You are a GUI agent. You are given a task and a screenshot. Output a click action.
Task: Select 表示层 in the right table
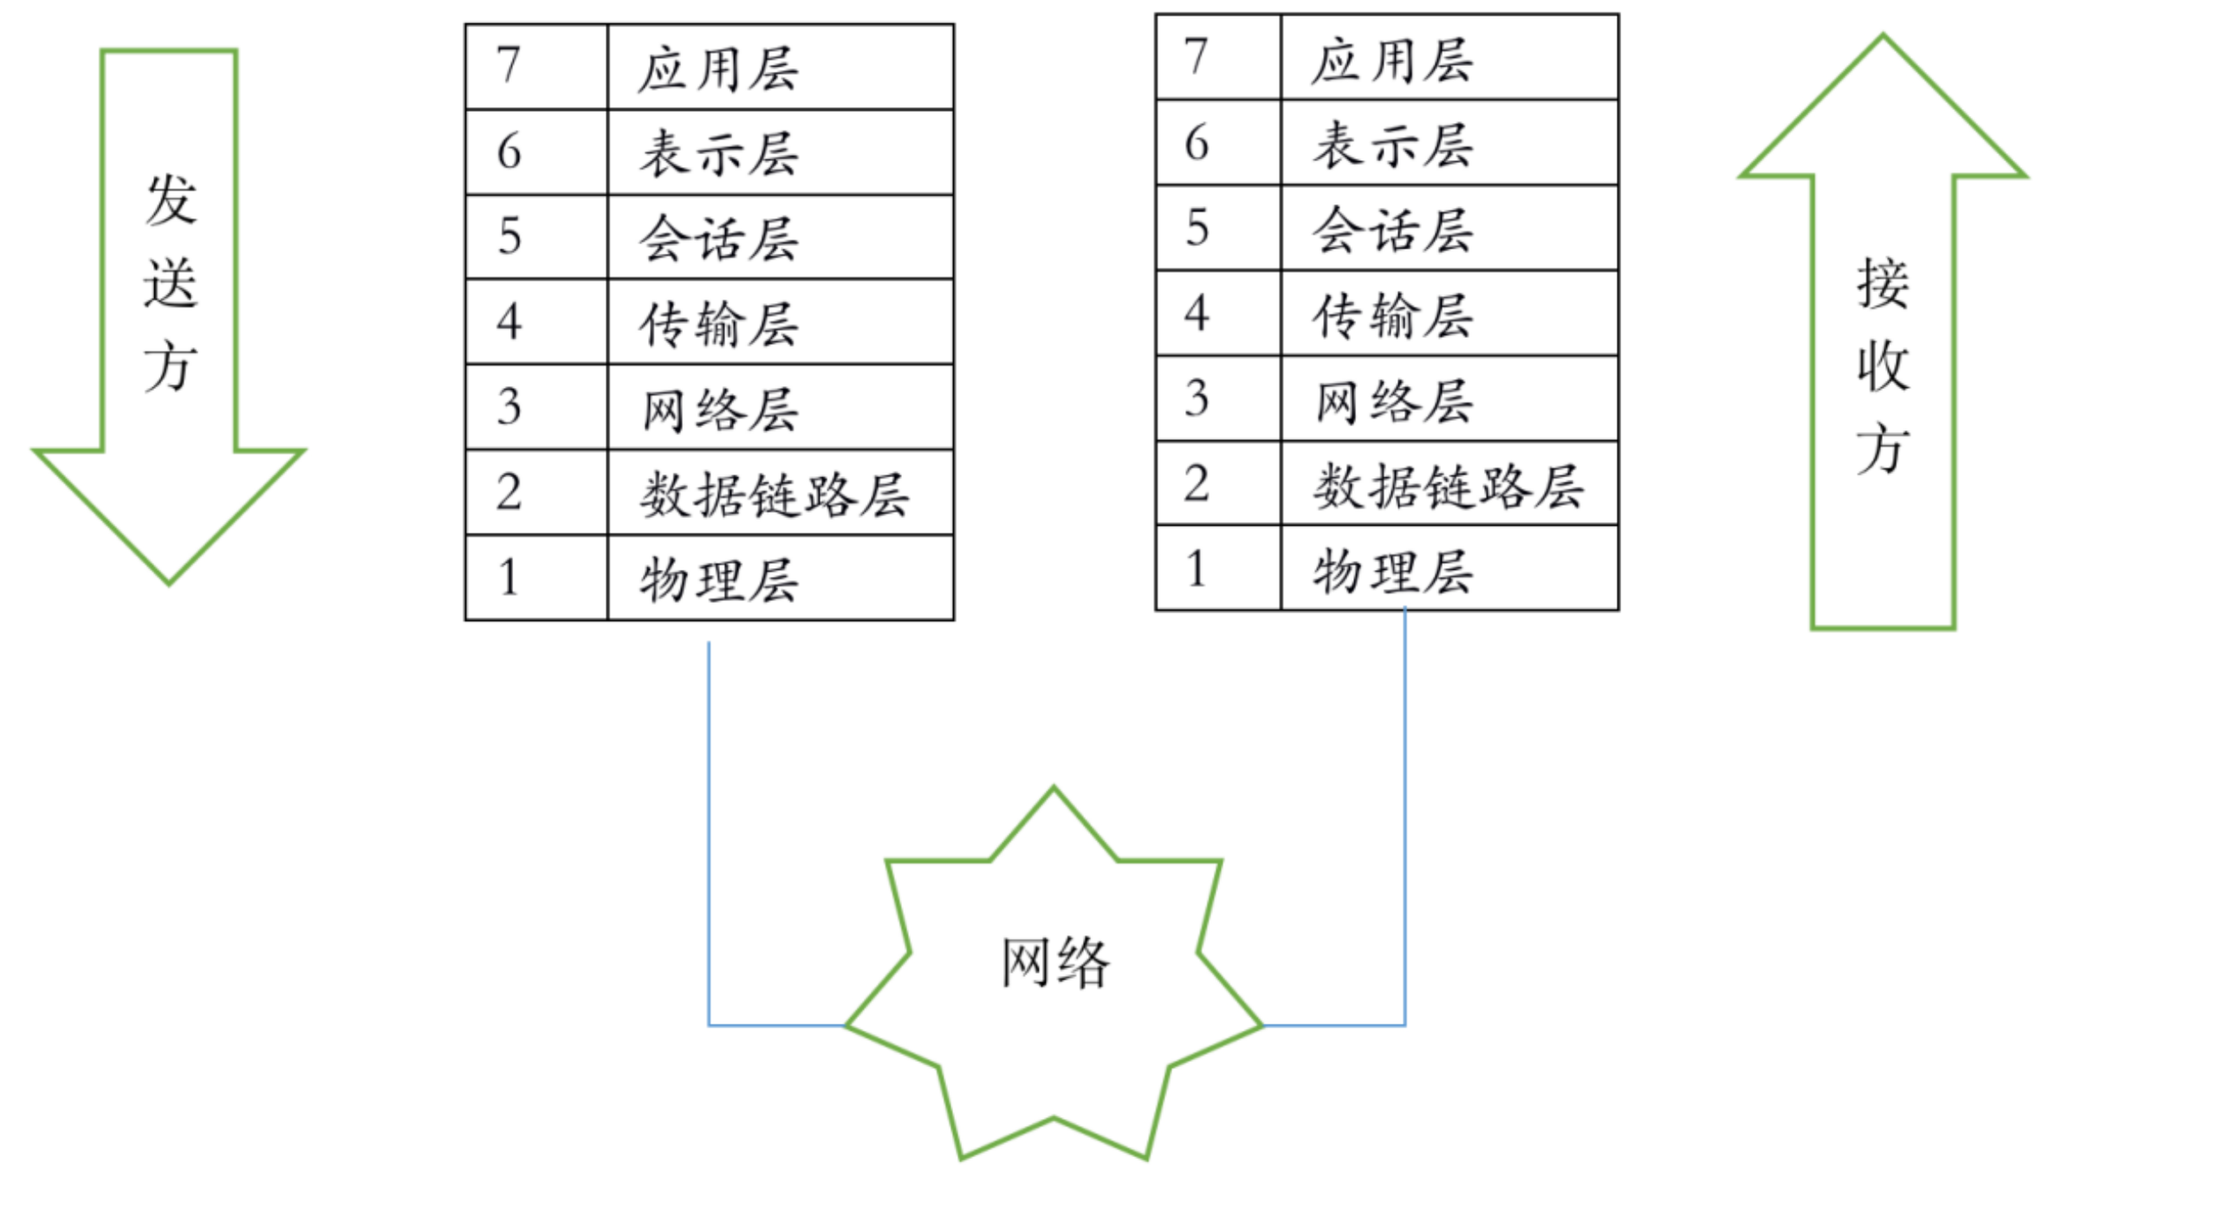1392,145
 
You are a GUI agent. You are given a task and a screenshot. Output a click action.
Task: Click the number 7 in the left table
509,65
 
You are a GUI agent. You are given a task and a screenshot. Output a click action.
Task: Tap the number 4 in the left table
509,322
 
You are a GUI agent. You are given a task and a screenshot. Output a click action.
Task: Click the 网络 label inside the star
1055,962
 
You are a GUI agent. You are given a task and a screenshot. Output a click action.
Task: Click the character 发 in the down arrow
171,200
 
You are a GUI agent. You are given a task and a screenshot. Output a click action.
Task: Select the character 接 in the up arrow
1883,282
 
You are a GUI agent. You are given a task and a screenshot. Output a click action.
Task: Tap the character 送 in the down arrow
171,282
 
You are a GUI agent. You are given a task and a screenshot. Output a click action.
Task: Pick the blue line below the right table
1405,818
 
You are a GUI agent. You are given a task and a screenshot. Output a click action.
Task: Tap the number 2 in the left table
509,492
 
